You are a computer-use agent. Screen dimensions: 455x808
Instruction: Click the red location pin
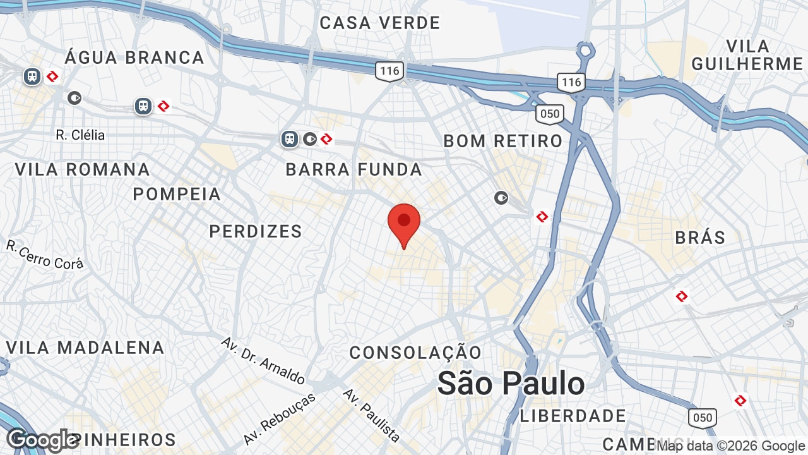click(404, 222)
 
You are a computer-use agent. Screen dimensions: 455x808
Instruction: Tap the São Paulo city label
click(511, 384)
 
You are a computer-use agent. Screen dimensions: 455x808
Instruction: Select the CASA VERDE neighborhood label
click(380, 23)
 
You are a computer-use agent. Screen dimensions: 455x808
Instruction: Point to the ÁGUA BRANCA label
click(134, 58)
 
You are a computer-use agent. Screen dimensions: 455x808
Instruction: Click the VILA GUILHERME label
click(747, 55)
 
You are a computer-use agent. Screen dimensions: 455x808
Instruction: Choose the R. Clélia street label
click(80, 135)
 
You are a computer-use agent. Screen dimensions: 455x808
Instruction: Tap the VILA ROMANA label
click(82, 169)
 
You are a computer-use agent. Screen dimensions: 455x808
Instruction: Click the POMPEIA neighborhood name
click(177, 194)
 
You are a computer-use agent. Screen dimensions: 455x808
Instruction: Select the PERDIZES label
click(256, 231)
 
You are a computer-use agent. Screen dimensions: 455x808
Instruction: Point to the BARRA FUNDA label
click(354, 169)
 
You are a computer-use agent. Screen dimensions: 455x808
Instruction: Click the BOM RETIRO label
click(502, 141)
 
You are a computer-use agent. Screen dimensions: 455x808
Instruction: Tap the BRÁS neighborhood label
click(700, 238)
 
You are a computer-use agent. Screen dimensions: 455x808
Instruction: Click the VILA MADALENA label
click(85, 348)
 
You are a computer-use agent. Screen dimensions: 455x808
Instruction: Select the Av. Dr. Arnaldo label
click(263, 361)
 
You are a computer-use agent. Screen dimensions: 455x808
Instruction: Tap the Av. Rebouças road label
click(278, 418)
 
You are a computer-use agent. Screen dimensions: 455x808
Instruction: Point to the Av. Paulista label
click(371, 415)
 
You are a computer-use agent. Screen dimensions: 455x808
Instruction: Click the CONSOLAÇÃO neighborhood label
click(415, 353)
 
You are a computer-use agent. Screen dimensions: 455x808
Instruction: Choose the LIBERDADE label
click(573, 416)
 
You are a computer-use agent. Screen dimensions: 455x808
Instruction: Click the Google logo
click(42, 440)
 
